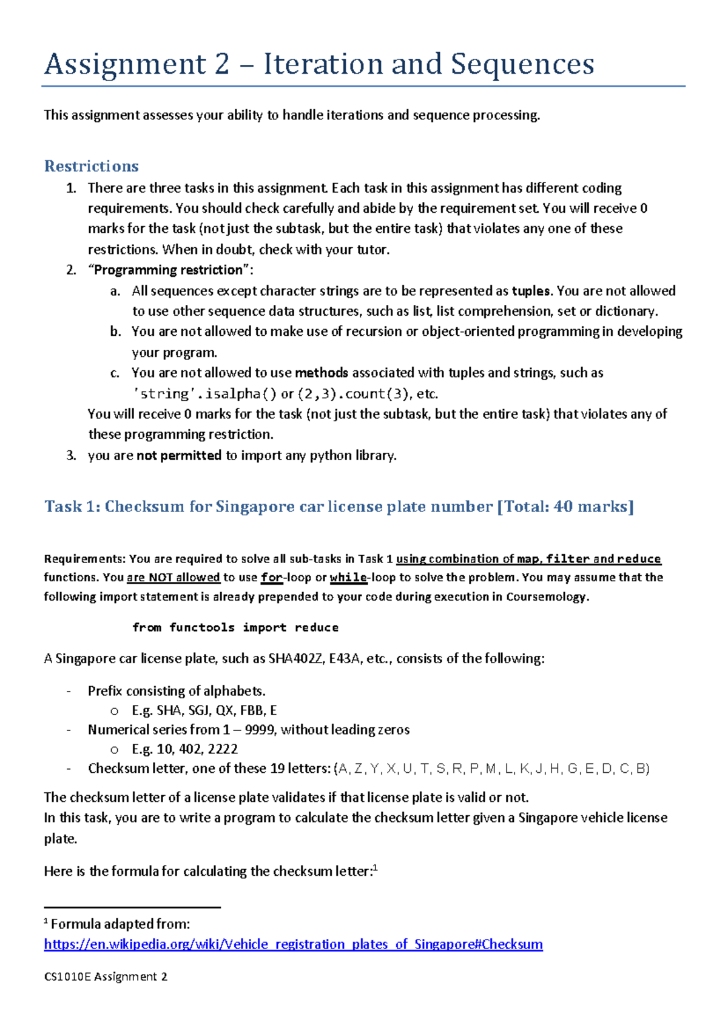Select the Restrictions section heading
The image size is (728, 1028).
pos(91,166)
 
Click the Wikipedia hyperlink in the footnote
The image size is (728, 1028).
pos(293,944)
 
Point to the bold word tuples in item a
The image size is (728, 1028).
pos(531,291)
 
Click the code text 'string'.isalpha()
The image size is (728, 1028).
pos(204,394)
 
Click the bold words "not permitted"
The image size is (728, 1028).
pos(179,456)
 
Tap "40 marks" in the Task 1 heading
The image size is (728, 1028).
pos(591,507)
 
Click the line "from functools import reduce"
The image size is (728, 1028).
pos(235,627)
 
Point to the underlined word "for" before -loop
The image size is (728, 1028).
pos(271,578)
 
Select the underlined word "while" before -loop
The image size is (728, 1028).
pos(348,578)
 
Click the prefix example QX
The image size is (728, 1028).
pos(224,710)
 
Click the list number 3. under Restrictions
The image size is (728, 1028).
pos(72,456)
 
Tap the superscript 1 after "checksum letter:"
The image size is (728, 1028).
pos(376,868)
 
